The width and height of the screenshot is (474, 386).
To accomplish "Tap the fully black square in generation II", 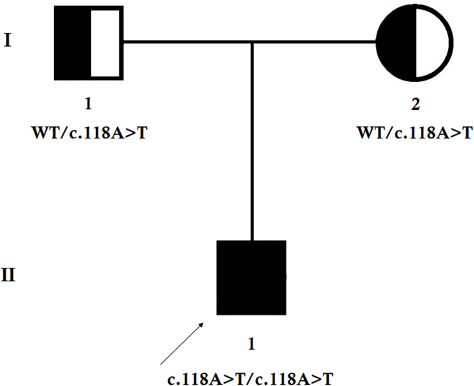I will click(x=251, y=277).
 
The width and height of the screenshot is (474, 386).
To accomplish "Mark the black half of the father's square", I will click(x=72, y=43).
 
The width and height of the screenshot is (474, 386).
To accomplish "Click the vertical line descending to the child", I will click(x=251, y=143).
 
